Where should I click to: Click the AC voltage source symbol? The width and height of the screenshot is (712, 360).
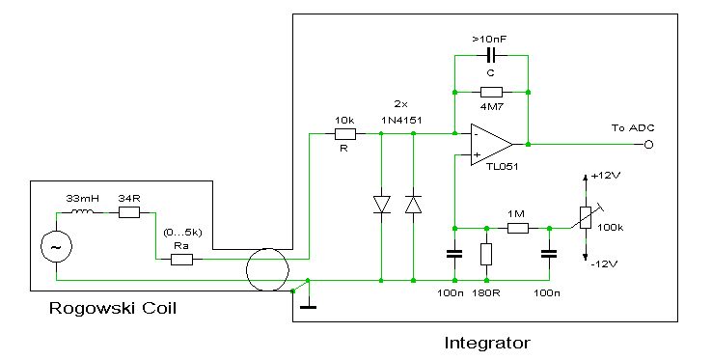click(56, 247)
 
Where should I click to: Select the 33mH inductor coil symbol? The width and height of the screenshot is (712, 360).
click(82, 211)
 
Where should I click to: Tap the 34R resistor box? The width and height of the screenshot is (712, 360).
click(129, 212)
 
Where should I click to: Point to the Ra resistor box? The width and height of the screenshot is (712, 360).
click(181, 259)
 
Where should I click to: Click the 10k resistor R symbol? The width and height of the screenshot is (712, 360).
click(345, 133)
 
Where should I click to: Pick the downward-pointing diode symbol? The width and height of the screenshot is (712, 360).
click(381, 204)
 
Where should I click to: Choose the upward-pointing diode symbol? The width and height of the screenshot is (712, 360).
click(413, 204)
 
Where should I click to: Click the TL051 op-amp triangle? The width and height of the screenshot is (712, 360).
click(492, 144)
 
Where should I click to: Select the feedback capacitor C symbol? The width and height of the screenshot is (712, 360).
click(490, 56)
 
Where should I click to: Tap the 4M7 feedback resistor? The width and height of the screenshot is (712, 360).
click(491, 93)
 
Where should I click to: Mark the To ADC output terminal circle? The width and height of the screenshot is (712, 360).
click(649, 145)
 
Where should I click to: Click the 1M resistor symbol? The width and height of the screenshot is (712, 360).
click(518, 228)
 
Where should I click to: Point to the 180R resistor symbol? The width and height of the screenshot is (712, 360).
click(486, 254)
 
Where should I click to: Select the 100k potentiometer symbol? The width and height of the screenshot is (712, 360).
click(586, 217)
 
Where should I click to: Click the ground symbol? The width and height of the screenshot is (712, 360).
click(309, 307)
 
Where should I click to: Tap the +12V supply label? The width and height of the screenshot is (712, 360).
click(606, 176)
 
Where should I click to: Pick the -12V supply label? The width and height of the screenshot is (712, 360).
click(604, 264)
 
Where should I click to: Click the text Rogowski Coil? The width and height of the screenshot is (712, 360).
click(112, 308)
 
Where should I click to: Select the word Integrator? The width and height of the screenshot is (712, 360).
click(487, 343)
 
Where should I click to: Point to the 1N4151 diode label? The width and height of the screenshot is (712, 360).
click(401, 120)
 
